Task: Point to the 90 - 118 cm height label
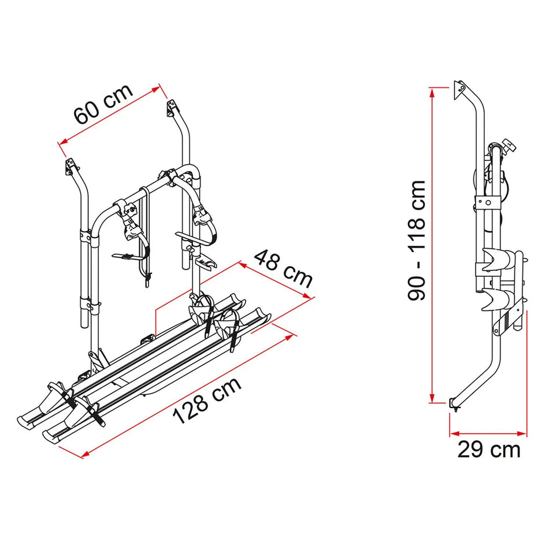[417, 240]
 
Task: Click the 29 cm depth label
[489, 448]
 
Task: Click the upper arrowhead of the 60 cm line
[157, 88]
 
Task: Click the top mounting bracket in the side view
[460, 86]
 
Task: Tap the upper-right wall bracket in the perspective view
[170, 107]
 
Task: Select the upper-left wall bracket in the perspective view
[71, 166]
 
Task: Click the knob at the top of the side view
[507, 144]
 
